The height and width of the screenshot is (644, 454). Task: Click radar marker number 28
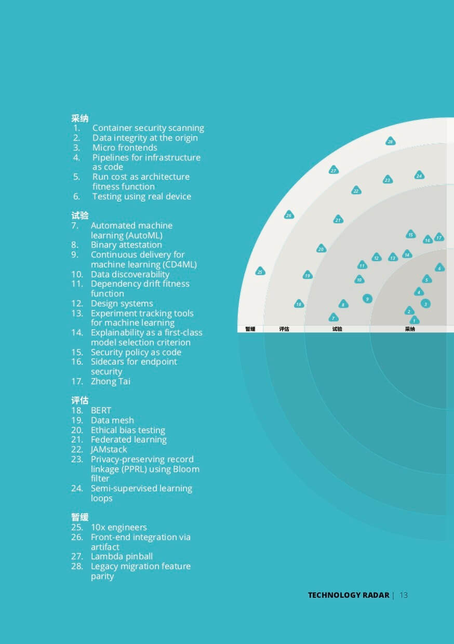pos(390,142)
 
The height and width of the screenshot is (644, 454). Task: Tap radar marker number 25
pos(260,272)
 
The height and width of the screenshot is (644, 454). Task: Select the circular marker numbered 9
pos(367,299)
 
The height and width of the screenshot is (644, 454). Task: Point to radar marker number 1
pos(414,320)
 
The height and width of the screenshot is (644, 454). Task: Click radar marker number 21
pos(338,220)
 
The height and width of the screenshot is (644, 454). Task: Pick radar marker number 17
pos(439,237)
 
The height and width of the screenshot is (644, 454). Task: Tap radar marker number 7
pos(333,318)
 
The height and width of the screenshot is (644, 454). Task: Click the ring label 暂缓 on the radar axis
pos(250,329)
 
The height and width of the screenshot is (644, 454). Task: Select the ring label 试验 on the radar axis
pos(337,329)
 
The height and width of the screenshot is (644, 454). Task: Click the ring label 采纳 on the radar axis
pos(410,329)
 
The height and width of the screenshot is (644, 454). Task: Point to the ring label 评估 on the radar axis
pos(284,329)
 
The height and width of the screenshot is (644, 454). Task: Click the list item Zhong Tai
pos(110,381)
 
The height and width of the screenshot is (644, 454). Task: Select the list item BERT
pos(101,410)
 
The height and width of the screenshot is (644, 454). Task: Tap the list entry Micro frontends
pos(125,147)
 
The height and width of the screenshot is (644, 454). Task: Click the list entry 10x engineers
pos(118,527)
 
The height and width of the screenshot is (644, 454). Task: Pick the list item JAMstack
pos(109,449)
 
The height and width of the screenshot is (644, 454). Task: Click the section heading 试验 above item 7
pos(80,216)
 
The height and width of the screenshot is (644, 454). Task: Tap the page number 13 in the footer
pos(404,595)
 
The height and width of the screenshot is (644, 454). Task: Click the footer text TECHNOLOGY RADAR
pos(348,595)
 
